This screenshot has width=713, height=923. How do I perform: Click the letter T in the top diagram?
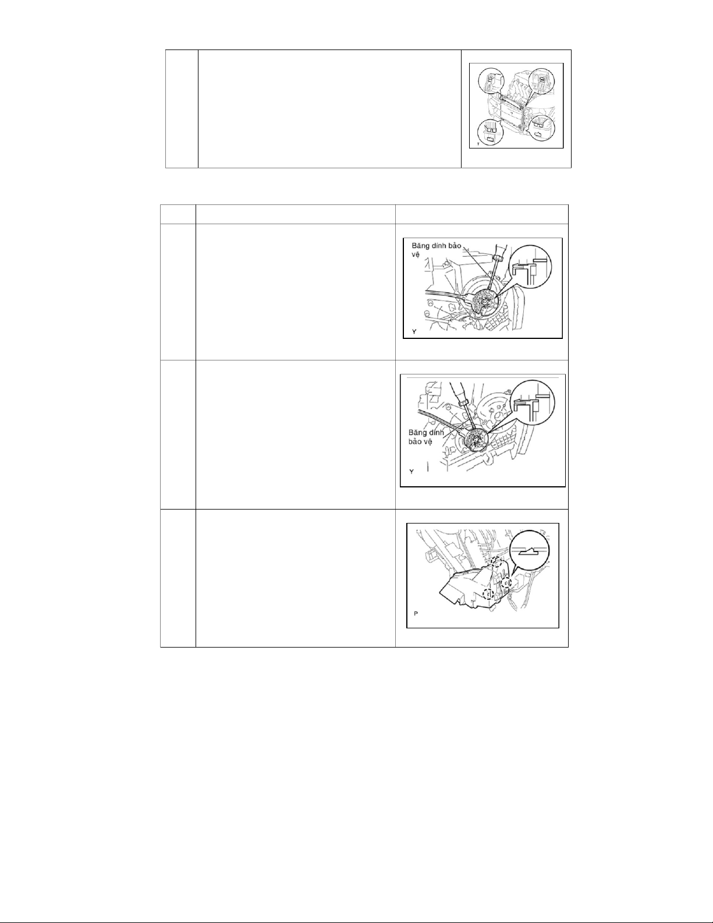tap(478, 144)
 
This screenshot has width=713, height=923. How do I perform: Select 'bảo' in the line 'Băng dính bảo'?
tap(453, 246)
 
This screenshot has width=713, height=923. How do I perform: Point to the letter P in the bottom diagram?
tap(416, 613)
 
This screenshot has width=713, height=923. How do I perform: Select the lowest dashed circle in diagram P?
tap(489, 593)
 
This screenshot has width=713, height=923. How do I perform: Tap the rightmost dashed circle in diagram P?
tap(506, 583)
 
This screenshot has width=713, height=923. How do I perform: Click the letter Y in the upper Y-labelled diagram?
tap(414, 332)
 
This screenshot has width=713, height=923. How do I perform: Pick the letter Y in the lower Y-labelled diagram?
tap(412, 472)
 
